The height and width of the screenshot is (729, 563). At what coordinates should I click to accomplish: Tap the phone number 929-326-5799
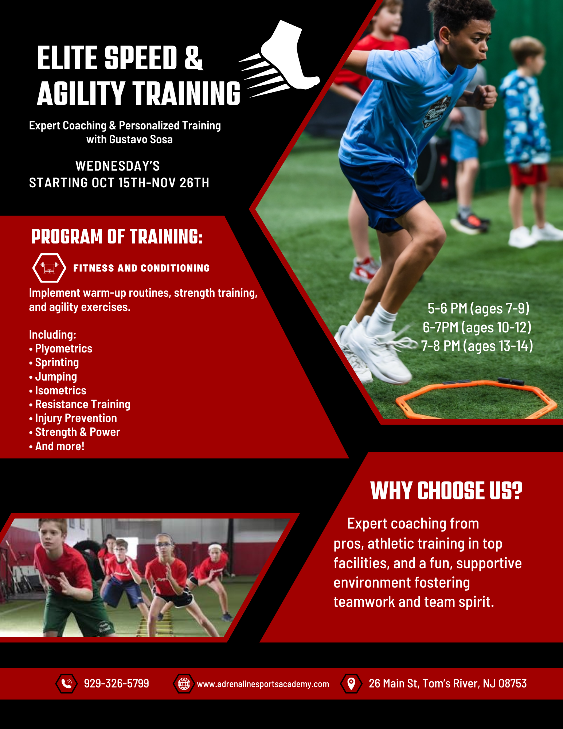pos(117,683)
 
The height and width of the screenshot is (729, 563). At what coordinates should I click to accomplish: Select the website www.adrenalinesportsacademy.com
pos(263,684)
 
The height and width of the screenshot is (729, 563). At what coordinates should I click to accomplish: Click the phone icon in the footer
pos(66,683)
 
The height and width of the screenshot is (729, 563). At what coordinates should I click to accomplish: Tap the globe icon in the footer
pos(184,683)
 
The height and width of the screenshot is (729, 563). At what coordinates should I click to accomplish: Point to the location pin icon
pos(351,683)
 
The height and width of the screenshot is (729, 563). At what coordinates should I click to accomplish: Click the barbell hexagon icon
pos(49,268)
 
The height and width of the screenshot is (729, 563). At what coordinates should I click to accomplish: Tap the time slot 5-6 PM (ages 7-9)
pos(478,308)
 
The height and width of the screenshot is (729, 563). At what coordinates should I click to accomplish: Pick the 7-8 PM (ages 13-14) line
pos(477,346)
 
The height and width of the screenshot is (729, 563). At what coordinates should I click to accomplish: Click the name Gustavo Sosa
pos(141,140)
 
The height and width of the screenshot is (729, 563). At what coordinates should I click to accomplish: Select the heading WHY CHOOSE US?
pos(446,491)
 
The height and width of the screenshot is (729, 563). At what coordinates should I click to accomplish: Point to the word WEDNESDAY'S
pos(118,166)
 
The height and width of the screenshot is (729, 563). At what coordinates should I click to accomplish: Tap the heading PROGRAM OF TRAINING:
pos(117,237)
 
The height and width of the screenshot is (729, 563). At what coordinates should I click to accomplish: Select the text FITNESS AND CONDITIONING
pos(141,268)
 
